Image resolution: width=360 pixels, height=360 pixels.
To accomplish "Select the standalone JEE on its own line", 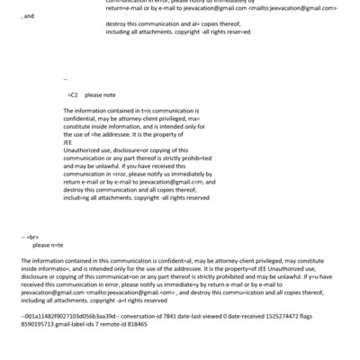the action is (x=68, y=141).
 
